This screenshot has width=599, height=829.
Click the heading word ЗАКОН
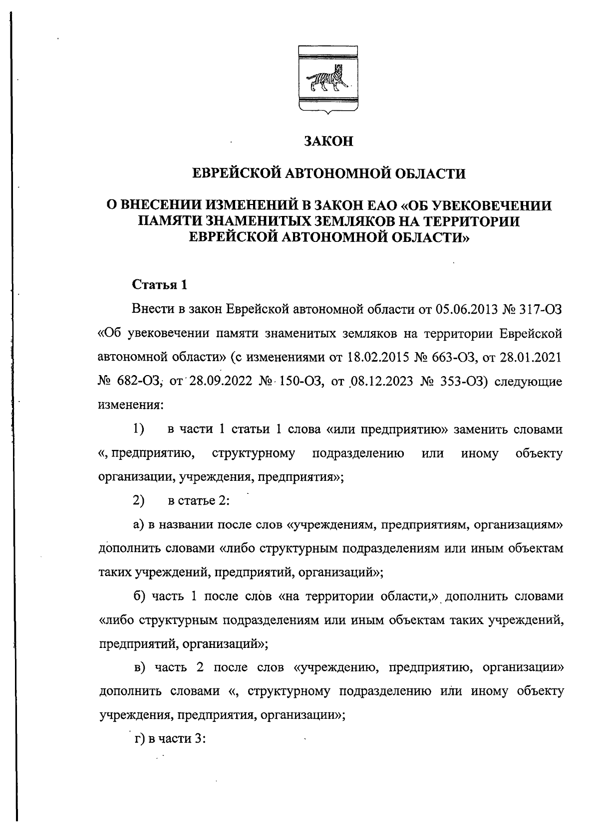pyautogui.click(x=329, y=142)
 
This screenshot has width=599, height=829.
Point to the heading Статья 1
pyautogui.click(x=159, y=285)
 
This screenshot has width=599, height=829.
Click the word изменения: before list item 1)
pyautogui.click(x=130, y=406)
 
